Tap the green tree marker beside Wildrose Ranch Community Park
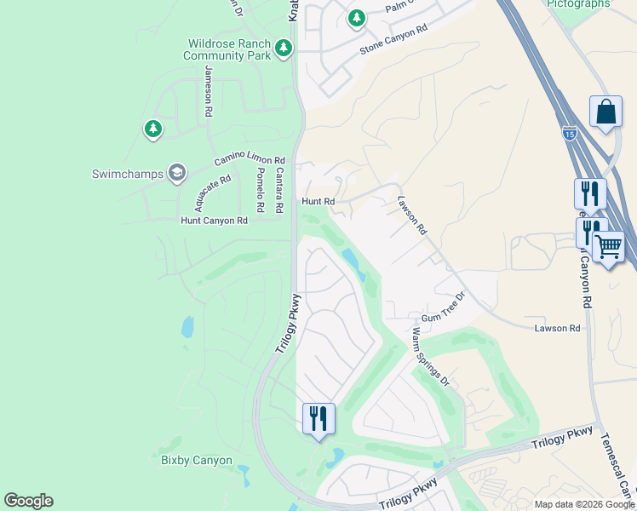coord(284,49)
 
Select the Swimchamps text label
coord(126,175)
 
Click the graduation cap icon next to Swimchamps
coord(177,174)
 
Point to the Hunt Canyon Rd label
coord(214,220)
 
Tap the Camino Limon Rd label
coord(249,159)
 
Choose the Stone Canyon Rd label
coord(393,39)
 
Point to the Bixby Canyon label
coord(197,461)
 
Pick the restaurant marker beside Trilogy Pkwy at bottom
coord(319,418)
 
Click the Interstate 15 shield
coord(569,134)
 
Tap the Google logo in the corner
coord(28,501)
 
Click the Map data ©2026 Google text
coord(584,504)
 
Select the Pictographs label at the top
coord(578,4)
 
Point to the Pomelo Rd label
coord(261,189)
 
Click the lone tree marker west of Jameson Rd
coord(152,129)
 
